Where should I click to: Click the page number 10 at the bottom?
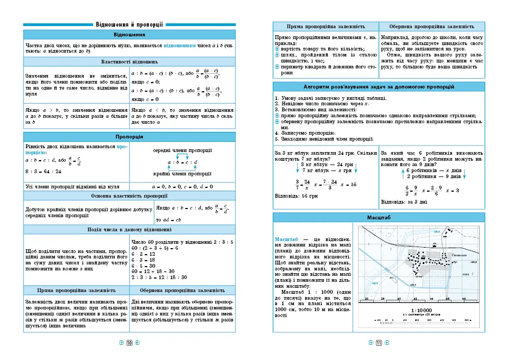pyautogui.click(x=129, y=343)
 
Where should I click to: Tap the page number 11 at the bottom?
pyautogui.click(x=379, y=343)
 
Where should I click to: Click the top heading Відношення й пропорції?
pyautogui.click(x=129, y=24)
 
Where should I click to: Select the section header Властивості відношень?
pyautogui.click(x=129, y=61)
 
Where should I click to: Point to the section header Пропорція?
pyautogui.click(x=129, y=136)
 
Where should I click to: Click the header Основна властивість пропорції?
pyautogui.click(x=129, y=195)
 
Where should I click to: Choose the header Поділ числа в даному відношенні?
pyautogui.click(x=129, y=229)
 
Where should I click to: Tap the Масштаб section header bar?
pyautogui.click(x=379, y=217)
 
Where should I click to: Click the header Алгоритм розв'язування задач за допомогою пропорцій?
pyautogui.click(x=379, y=87)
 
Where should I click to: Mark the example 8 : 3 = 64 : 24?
pyautogui.click(x=43, y=172)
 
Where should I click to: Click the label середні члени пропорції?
pyautogui.click(x=182, y=150)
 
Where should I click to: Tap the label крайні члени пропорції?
pyautogui.click(x=182, y=174)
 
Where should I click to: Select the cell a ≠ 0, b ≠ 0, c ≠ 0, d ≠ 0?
pyautogui.click(x=183, y=186)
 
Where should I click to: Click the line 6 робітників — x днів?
pyautogui.click(x=434, y=170)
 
